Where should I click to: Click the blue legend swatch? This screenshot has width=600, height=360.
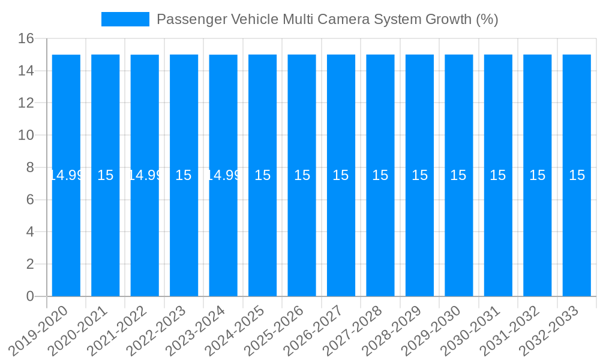pyautogui.click(x=125, y=19)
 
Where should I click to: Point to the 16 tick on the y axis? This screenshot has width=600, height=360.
pyautogui.click(x=26, y=39)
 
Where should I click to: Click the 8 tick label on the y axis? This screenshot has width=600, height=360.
pyautogui.click(x=30, y=167)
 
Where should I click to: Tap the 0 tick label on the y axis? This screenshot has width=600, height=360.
pyautogui.click(x=30, y=296)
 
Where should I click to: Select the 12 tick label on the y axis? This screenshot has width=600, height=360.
pyautogui.click(x=26, y=103)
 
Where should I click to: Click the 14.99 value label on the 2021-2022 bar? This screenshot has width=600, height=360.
pyautogui.click(x=145, y=175)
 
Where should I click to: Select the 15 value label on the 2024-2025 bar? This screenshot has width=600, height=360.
pyautogui.click(x=262, y=175)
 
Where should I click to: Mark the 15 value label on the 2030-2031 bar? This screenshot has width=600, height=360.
pyautogui.click(x=498, y=175)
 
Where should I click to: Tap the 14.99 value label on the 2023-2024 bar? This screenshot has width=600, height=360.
pyautogui.click(x=223, y=175)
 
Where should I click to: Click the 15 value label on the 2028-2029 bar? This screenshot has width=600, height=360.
pyautogui.click(x=419, y=175)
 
